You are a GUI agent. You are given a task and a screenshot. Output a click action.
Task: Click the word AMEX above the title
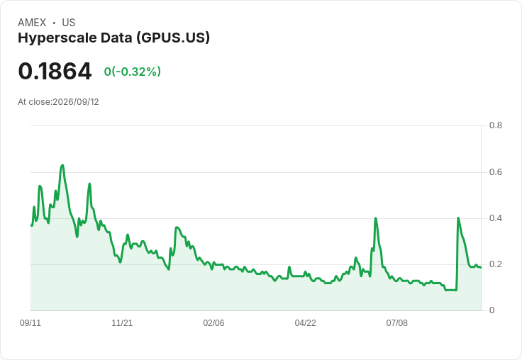tap(32, 23)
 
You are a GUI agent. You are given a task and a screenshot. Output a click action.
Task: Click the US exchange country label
tap(69, 23)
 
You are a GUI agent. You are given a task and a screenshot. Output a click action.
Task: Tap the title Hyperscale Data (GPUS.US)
tap(114, 38)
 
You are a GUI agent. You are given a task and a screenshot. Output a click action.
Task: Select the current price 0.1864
tap(55, 71)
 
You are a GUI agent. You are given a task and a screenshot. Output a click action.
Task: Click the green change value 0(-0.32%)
tap(133, 72)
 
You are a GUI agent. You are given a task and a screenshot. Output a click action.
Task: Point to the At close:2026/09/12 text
tap(58, 102)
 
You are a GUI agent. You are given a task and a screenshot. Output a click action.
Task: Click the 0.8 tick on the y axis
tap(495, 125)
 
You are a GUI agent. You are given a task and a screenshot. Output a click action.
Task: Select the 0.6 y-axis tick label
tap(495, 172)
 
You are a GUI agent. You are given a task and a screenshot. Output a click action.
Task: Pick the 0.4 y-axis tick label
tap(495, 218)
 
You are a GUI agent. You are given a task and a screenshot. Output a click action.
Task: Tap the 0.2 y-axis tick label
tap(495, 264)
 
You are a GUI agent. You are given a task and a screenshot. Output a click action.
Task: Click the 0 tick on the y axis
tap(492, 310)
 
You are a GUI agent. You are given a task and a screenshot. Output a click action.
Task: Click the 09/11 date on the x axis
tap(30, 323)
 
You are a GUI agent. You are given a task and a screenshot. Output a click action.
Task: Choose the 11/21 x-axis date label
tap(122, 323)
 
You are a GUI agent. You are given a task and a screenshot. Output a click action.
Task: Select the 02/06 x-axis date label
tap(213, 323)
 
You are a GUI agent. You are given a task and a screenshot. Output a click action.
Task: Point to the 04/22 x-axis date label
tap(305, 323)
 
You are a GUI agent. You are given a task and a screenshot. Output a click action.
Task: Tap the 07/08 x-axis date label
tap(397, 323)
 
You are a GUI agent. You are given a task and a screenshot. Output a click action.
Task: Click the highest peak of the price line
tap(62, 165)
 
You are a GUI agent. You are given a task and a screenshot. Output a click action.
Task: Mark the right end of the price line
tap(481, 267)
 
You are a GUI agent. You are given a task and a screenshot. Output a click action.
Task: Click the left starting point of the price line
tap(31, 225)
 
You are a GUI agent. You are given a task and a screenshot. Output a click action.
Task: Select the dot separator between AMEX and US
tap(54, 23)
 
